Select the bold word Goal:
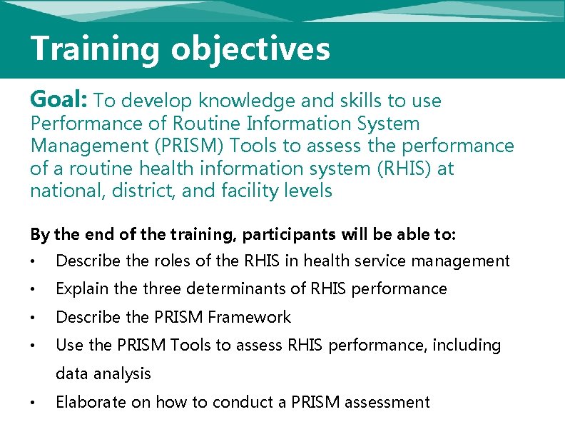coord(60,100)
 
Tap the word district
coord(145,191)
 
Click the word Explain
coord(81,289)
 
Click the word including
coord(467,346)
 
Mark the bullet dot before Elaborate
coord(33,403)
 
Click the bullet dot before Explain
coord(33,290)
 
